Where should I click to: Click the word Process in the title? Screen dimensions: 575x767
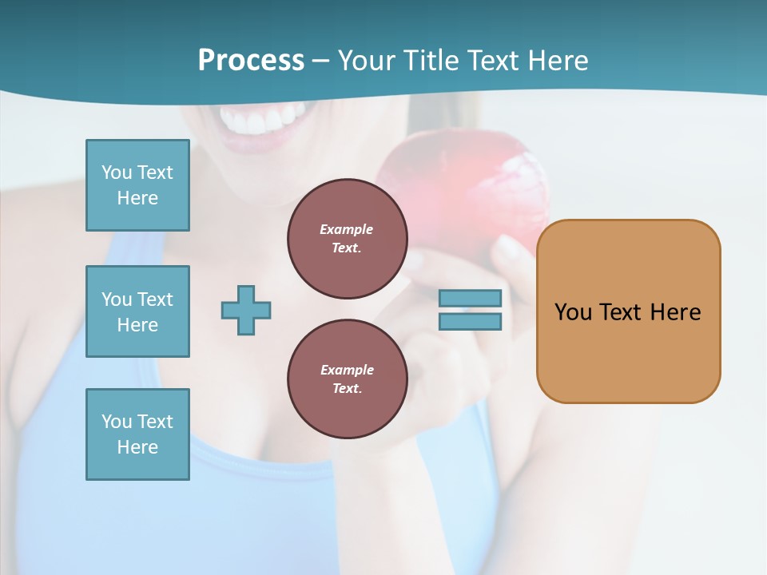tap(251, 61)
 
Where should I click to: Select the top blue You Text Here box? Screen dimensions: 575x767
tap(137, 185)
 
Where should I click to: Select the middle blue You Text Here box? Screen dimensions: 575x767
tap(137, 311)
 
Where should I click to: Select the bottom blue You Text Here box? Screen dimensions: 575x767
tap(137, 434)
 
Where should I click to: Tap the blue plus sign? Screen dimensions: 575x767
tap(246, 310)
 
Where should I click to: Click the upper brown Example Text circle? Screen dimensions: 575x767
tap(347, 239)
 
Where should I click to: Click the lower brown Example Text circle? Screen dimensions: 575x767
tap(347, 379)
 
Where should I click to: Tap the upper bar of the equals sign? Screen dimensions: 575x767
tap(470, 298)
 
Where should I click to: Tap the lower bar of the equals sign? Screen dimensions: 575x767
tap(470, 322)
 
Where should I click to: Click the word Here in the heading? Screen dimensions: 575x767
tap(558, 61)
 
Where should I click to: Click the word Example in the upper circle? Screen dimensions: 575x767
tap(347, 229)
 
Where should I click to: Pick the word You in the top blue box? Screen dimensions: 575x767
tap(116, 172)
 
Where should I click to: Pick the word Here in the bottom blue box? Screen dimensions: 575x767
tap(137, 447)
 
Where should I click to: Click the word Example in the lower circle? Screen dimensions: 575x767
tap(347, 370)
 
